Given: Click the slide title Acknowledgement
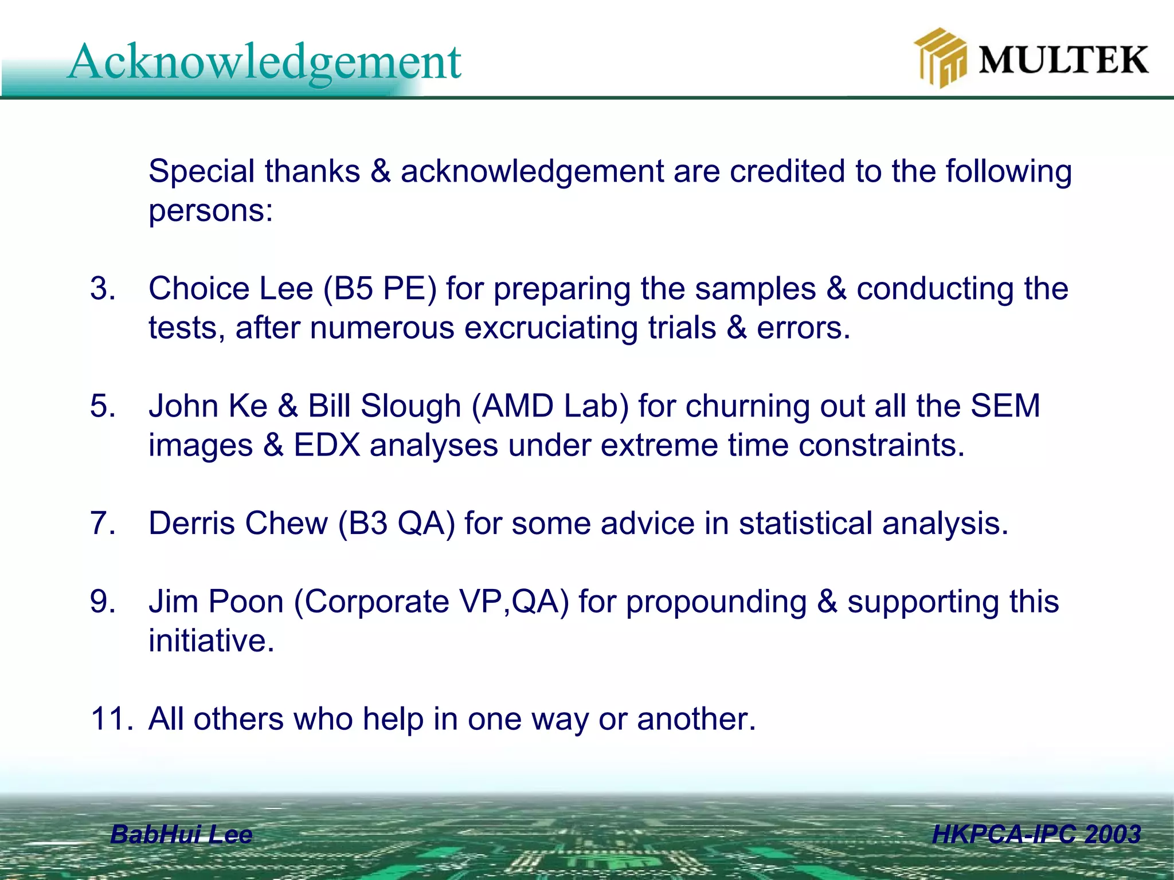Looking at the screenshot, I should [x=264, y=62].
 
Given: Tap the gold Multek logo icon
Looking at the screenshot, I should [x=939, y=58].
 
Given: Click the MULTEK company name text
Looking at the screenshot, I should [x=1063, y=60].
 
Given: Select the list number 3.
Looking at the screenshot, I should [x=103, y=288].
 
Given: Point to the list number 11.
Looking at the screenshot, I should [x=112, y=719].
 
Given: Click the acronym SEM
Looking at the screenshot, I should [x=1005, y=406].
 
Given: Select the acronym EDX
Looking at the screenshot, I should [x=327, y=445].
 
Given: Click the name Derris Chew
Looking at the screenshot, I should [x=238, y=523].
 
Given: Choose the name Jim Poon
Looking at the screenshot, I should [x=216, y=602].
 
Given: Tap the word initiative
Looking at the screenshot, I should [x=211, y=641].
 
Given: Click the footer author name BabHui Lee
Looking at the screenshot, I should [x=181, y=834].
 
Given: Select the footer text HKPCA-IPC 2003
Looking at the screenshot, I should [x=1036, y=834].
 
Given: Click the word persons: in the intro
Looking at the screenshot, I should [x=211, y=211].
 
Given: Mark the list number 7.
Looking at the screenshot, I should [x=103, y=523].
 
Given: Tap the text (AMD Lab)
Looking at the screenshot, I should [x=550, y=406].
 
